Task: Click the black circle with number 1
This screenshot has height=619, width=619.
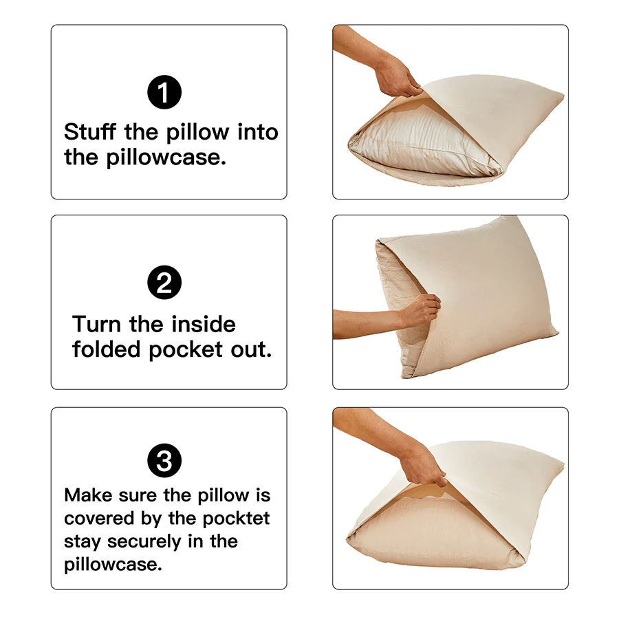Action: click(x=165, y=93)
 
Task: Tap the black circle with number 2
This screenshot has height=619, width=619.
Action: click(x=165, y=283)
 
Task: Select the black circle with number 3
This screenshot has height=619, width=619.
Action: click(x=165, y=461)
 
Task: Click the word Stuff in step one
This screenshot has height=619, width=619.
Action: click(x=91, y=131)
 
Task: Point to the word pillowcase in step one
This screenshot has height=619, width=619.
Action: click(x=165, y=158)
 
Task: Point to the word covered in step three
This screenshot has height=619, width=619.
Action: click(x=96, y=518)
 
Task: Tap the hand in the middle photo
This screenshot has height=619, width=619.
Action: click(x=420, y=311)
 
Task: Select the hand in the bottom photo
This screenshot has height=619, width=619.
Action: click(x=423, y=468)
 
